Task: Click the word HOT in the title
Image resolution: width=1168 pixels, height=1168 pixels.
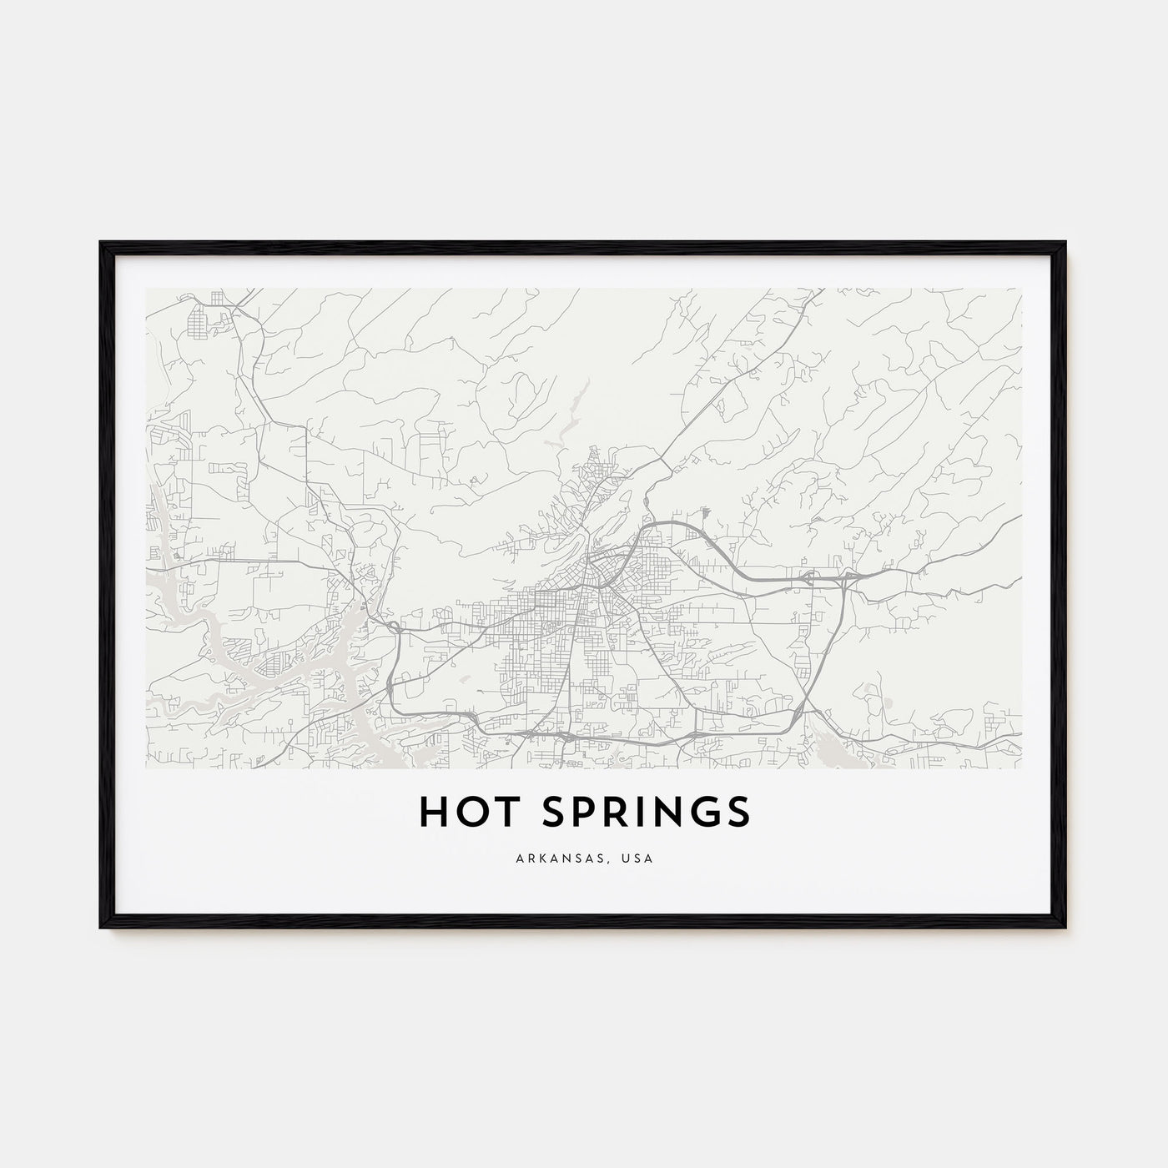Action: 462,812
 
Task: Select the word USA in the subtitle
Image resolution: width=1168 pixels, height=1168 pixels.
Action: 639,858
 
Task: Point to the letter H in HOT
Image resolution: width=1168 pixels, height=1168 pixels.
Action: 432,812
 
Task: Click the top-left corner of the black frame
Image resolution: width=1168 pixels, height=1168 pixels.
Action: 101,243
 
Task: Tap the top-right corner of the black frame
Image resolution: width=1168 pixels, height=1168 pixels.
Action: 1065,243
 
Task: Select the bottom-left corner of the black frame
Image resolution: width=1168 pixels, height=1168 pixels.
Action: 101,927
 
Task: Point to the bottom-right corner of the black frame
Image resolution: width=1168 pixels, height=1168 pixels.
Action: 1065,927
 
